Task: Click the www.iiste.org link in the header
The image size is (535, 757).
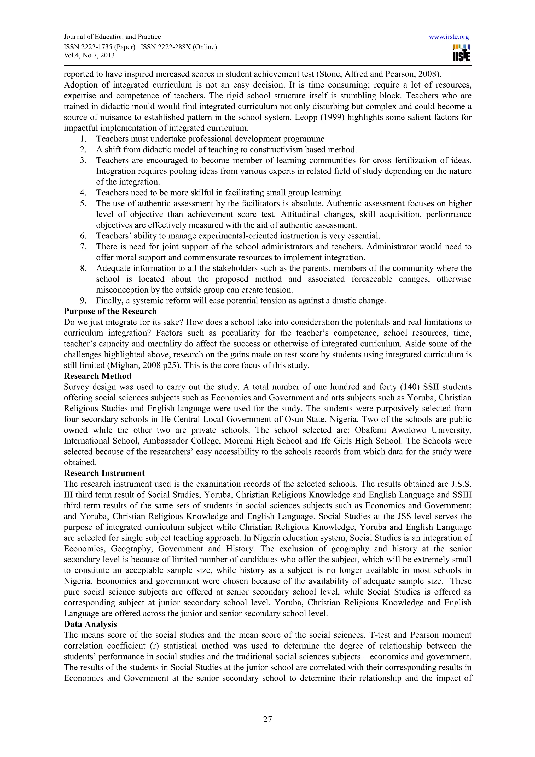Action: tap(449, 37)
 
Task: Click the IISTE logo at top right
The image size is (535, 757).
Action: tap(462, 53)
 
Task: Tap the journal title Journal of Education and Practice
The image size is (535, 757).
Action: tap(112, 37)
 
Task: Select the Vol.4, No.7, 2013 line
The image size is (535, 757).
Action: tap(89, 55)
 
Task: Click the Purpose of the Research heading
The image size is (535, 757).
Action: tap(110, 311)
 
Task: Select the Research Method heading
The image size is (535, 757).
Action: tap(98, 376)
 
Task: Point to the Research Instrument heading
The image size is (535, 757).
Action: tap(104, 473)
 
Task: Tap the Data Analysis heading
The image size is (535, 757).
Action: tap(90, 624)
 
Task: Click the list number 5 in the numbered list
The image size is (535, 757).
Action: tap(83, 203)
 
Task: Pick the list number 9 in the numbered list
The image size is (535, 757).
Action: tap(83, 300)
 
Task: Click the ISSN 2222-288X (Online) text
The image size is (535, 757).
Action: tap(179, 47)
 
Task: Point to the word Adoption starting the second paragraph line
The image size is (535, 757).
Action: tap(80, 85)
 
